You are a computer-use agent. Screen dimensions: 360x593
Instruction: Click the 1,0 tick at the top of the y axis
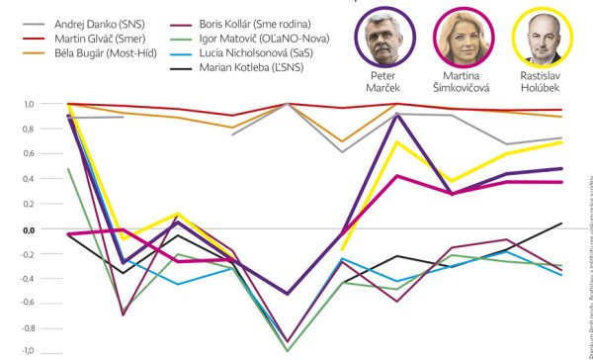(28, 104)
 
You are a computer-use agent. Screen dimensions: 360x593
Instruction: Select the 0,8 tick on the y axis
(28, 129)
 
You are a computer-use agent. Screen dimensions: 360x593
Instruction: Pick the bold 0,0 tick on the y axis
(28, 228)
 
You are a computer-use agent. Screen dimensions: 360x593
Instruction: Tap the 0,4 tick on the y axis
(28, 179)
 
